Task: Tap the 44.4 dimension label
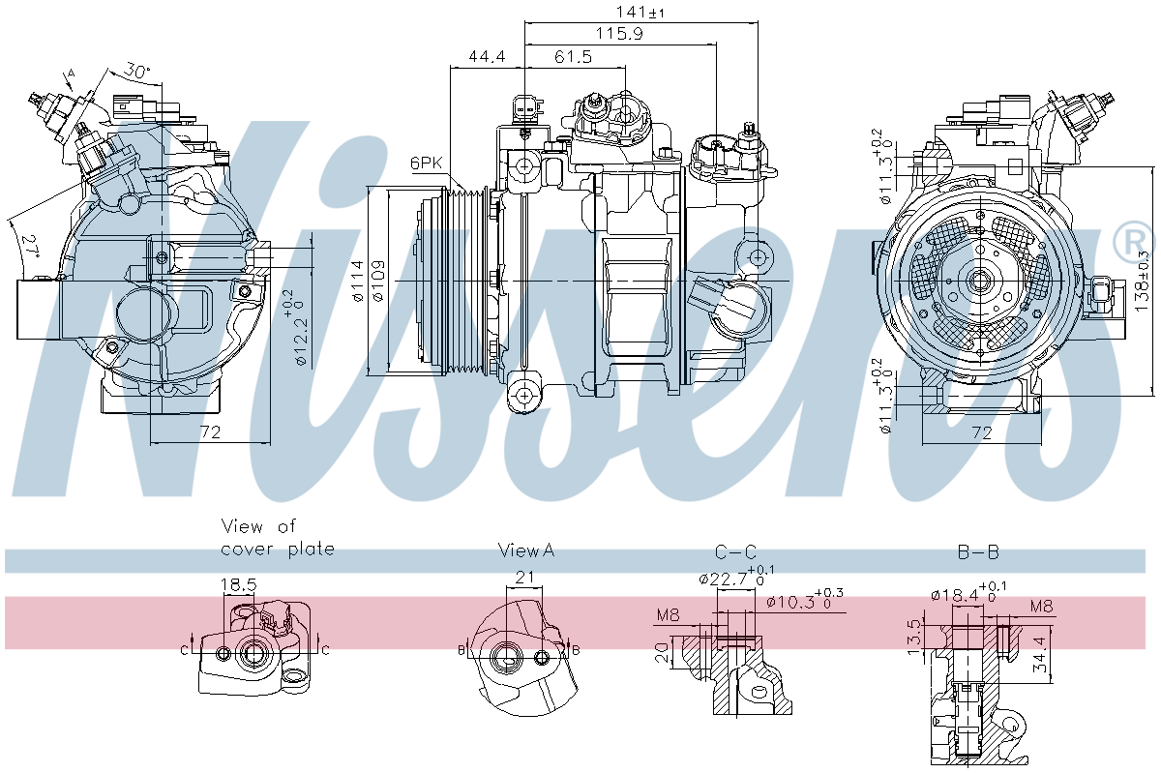pos(487,58)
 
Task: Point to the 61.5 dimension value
pos(573,58)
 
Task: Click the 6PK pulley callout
pos(426,164)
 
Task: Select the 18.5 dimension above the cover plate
pos(239,585)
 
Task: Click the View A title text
pos(525,550)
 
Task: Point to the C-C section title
pos(735,552)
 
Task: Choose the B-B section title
pos(978,552)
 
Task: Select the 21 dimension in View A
pos(525,578)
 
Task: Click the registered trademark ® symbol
pos(1134,242)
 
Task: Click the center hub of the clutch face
pos(980,282)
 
